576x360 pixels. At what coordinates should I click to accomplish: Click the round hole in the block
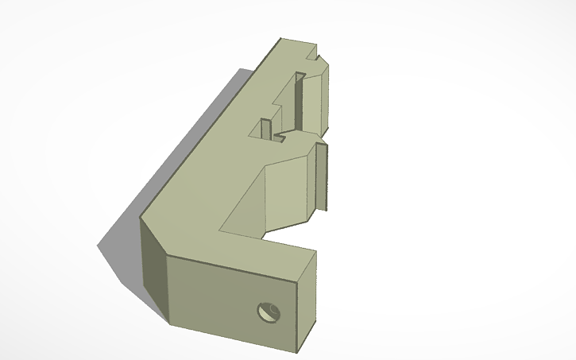(x=269, y=312)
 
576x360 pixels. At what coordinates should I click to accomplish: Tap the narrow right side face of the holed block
(x=308, y=298)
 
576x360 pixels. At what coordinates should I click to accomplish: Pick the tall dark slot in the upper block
(x=299, y=99)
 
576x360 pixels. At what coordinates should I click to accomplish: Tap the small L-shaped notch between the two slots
(x=280, y=137)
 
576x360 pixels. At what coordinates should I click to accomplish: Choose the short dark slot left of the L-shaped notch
(x=265, y=127)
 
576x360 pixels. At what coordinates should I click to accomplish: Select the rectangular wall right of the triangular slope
(x=290, y=191)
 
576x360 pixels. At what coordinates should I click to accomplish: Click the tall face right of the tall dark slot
(x=315, y=99)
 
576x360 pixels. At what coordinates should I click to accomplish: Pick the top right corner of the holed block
(x=316, y=253)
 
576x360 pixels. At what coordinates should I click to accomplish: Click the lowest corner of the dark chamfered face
(x=168, y=323)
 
